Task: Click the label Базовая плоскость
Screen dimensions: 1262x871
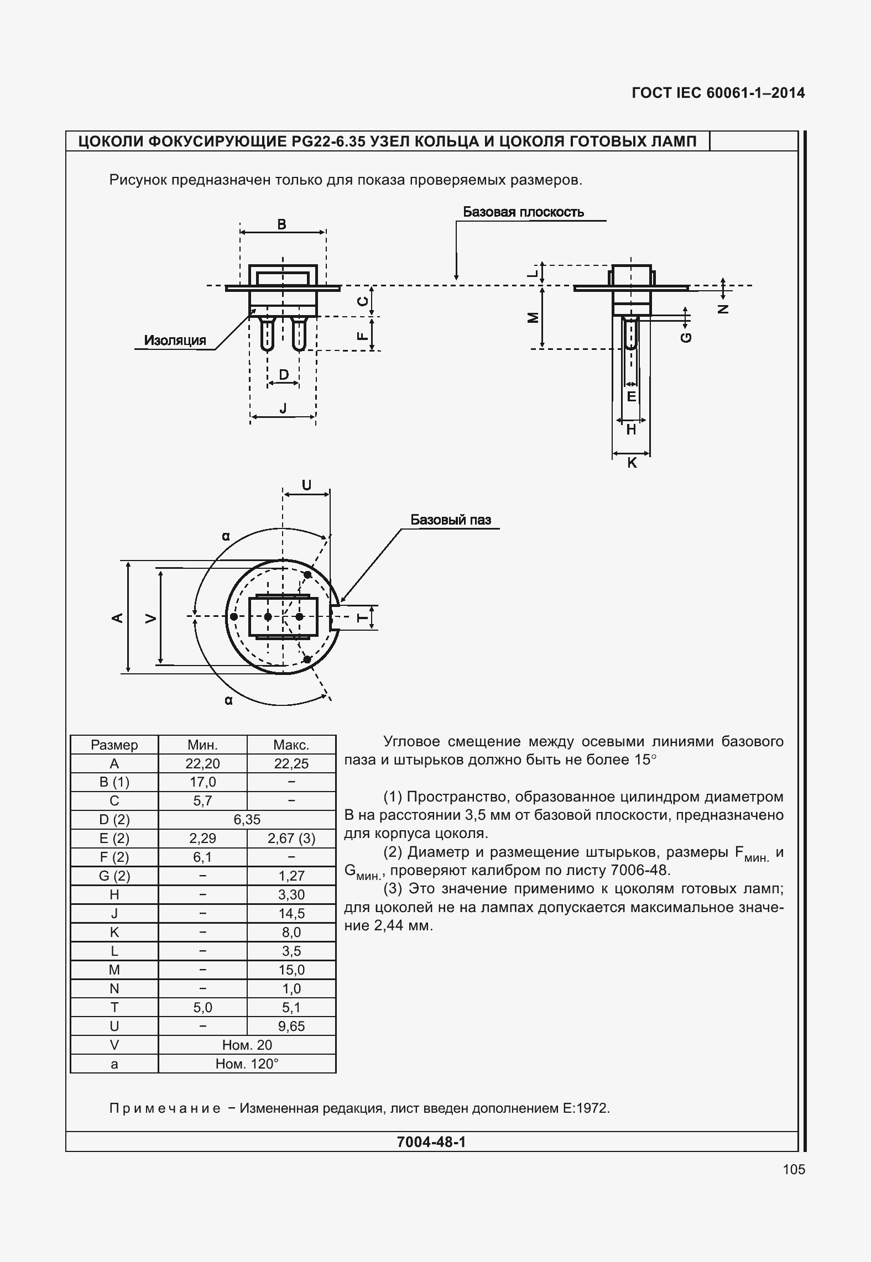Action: [x=523, y=212]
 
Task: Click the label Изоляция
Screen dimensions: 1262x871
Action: [x=175, y=341]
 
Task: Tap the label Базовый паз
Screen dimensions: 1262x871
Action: [x=450, y=520]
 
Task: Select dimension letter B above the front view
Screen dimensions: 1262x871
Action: [x=281, y=224]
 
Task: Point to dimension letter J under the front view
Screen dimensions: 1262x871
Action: [x=283, y=408]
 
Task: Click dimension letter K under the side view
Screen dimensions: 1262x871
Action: [x=632, y=463]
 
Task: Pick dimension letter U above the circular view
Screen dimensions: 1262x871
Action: [x=306, y=485]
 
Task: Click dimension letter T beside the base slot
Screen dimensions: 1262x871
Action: [x=362, y=617]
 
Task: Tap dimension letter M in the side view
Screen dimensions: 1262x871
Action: [x=533, y=317]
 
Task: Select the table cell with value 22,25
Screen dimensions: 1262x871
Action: [x=291, y=763]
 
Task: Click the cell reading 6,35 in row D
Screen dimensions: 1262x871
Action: [x=247, y=820]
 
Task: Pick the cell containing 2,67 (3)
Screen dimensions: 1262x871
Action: [x=291, y=839]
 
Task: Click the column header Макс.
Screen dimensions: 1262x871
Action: [x=291, y=745]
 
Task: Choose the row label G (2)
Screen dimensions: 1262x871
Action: [x=114, y=876]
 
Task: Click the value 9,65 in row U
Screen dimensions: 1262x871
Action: [x=291, y=1027]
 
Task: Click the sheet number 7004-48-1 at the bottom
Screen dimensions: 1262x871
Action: [x=431, y=1142]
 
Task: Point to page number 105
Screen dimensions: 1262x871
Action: [x=794, y=1170]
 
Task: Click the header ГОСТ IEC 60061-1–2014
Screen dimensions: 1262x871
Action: [x=718, y=93]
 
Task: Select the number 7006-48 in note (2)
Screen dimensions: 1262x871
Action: [x=640, y=871]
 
